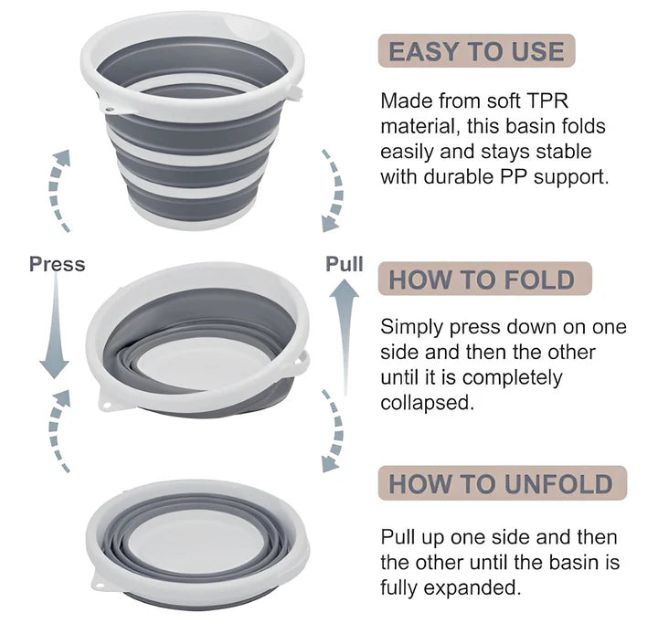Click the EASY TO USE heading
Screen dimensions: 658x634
coord(476,51)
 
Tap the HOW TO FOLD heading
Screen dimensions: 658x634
coord(482,279)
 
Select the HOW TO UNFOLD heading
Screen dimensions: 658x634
coord(501,484)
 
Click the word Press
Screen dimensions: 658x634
coord(57,264)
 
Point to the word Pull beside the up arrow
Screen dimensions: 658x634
coord(345,264)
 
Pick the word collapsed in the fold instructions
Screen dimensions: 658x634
coord(427,403)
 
